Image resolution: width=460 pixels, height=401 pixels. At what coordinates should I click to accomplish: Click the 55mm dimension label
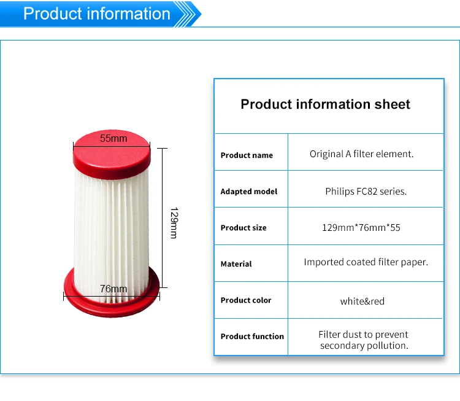pos(113,138)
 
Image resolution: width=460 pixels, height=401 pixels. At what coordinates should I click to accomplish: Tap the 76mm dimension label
pos(113,289)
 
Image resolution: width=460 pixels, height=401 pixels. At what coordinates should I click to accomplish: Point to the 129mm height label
pos(174,223)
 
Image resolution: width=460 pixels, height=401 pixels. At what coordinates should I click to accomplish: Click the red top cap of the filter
pos(112,154)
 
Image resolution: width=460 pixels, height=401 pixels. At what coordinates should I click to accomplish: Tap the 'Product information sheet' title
pos(325,104)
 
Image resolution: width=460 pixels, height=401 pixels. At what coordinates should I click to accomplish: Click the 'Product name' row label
pos(247,155)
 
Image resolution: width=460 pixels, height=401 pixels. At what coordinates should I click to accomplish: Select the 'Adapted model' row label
pos(249,192)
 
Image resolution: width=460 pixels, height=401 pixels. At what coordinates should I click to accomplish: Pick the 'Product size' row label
pos(243,228)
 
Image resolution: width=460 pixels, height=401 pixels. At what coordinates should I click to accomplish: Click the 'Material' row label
pos(236,264)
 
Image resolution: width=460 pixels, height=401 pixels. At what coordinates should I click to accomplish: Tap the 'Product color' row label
pos(246,300)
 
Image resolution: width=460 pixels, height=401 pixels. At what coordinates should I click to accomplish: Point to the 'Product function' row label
pos(252,336)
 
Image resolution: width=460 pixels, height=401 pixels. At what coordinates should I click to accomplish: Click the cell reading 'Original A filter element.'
pos(361,154)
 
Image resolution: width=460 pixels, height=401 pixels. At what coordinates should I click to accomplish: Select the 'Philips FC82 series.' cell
pos(366,191)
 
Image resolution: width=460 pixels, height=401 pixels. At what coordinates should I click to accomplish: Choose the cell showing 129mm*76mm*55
pos(361,227)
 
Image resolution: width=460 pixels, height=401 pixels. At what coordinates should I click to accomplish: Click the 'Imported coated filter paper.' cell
pos(366,262)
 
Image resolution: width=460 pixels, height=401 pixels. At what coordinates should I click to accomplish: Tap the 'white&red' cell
pos(362,301)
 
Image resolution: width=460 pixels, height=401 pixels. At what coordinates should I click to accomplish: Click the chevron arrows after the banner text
pos(188,14)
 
